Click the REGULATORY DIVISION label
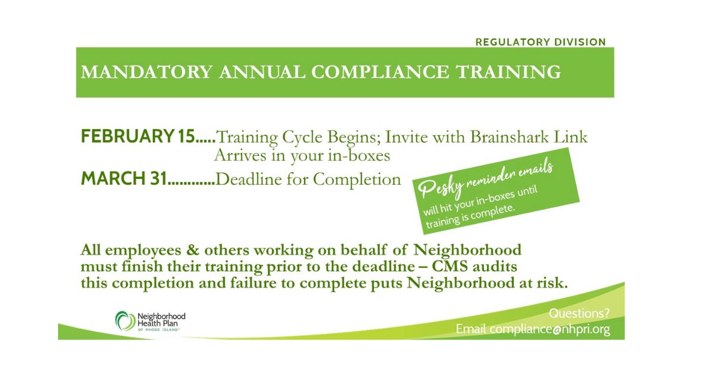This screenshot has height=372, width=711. pyautogui.click(x=540, y=42)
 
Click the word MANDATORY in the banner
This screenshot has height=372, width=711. pyautogui.click(x=147, y=72)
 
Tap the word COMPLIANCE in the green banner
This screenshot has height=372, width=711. pyautogui.click(x=380, y=72)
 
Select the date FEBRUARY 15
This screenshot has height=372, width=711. pyautogui.click(x=137, y=136)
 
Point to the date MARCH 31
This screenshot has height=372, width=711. pyautogui.click(x=124, y=178)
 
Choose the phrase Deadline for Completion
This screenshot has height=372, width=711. pyautogui.click(x=308, y=180)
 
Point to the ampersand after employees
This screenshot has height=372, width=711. pyautogui.click(x=193, y=250)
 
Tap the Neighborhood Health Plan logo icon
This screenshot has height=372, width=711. pyautogui.click(x=125, y=321)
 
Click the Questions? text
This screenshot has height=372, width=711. pyautogui.click(x=579, y=313)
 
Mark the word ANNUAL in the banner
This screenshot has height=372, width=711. pyautogui.click(x=262, y=72)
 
